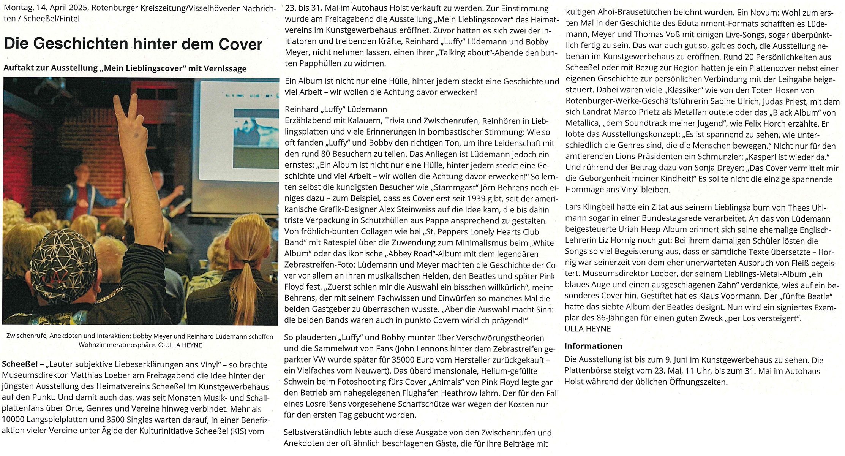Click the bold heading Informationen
[593, 346]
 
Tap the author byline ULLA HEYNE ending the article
[588, 329]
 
